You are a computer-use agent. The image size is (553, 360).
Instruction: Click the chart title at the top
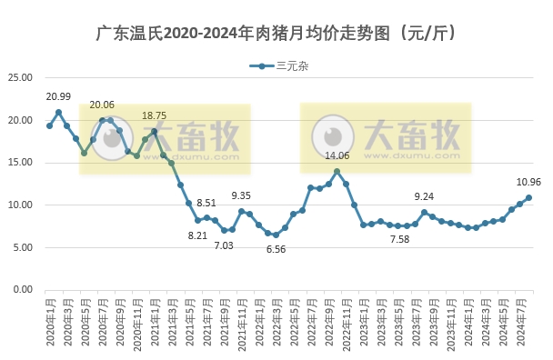pos(276,35)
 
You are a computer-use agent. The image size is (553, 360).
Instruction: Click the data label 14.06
pos(337,155)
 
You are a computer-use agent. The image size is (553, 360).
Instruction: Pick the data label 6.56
pos(276,249)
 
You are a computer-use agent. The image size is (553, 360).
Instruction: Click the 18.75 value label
pos(154,116)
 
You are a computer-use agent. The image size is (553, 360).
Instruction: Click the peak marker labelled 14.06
pos(337,171)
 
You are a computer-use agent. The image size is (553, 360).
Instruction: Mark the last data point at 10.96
pos(528,197)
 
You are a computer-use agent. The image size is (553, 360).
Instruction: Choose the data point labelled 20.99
pos(58,113)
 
